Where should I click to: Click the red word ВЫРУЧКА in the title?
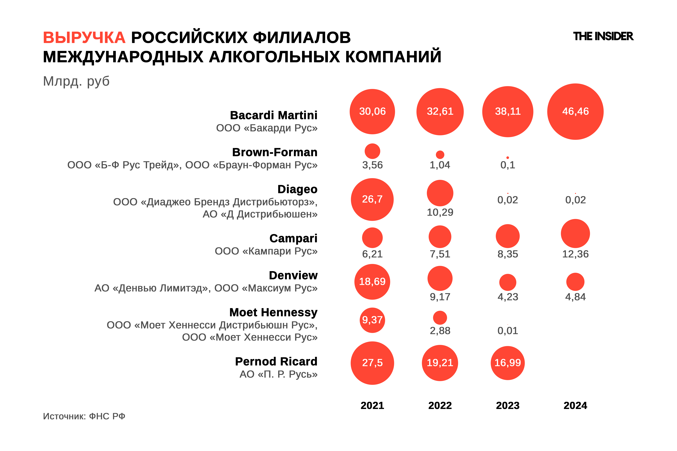[x=84, y=38]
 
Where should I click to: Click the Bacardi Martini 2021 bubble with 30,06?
[x=372, y=112]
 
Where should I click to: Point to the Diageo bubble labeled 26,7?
[x=372, y=199]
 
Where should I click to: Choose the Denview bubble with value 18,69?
[x=372, y=282]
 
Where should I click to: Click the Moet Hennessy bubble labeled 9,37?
[x=372, y=320]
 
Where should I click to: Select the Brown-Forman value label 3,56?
[x=372, y=165]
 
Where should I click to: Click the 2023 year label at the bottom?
[x=507, y=406]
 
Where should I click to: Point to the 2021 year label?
[x=372, y=406]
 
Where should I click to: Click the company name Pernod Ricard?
[x=276, y=362]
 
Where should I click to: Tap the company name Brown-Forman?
[x=275, y=152]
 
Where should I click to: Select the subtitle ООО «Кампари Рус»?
[x=266, y=251]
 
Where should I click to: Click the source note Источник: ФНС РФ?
[x=84, y=416]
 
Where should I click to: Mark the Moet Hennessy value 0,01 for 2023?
[x=507, y=331]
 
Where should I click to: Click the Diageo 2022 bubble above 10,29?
[x=440, y=193]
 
